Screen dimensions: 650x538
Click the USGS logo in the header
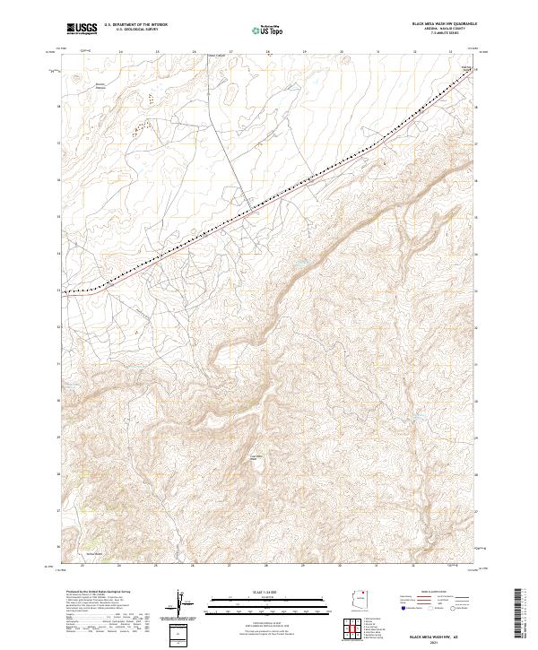coord(82,29)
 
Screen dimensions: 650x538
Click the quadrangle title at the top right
coord(444,22)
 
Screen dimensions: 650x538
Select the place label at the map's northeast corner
coord(465,67)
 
